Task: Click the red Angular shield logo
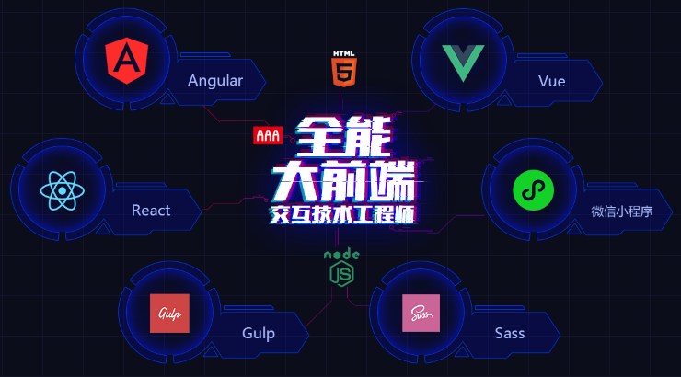(x=127, y=61)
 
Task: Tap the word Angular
(x=215, y=81)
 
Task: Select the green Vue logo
(x=463, y=63)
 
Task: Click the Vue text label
(x=551, y=81)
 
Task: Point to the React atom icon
(x=62, y=190)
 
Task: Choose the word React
(x=151, y=211)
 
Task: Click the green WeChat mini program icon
(x=534, y=190)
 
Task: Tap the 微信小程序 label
(x=621, y=211)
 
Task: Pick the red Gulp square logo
(x=169, y=314)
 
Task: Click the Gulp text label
(x=259, y=334)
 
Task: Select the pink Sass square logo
(x=421, y=314)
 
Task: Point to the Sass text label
(x=510, y=333)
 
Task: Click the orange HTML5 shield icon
(x=344, y=73)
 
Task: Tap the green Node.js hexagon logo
(x=341, y=274)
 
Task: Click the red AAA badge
(x=268, y=135)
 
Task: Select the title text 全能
(x=343, y=137)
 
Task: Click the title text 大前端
(x=344, y=181)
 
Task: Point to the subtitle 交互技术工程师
(x=342, y=215)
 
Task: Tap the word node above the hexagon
(x=341, y=255)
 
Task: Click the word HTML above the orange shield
(x=344, y=54)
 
